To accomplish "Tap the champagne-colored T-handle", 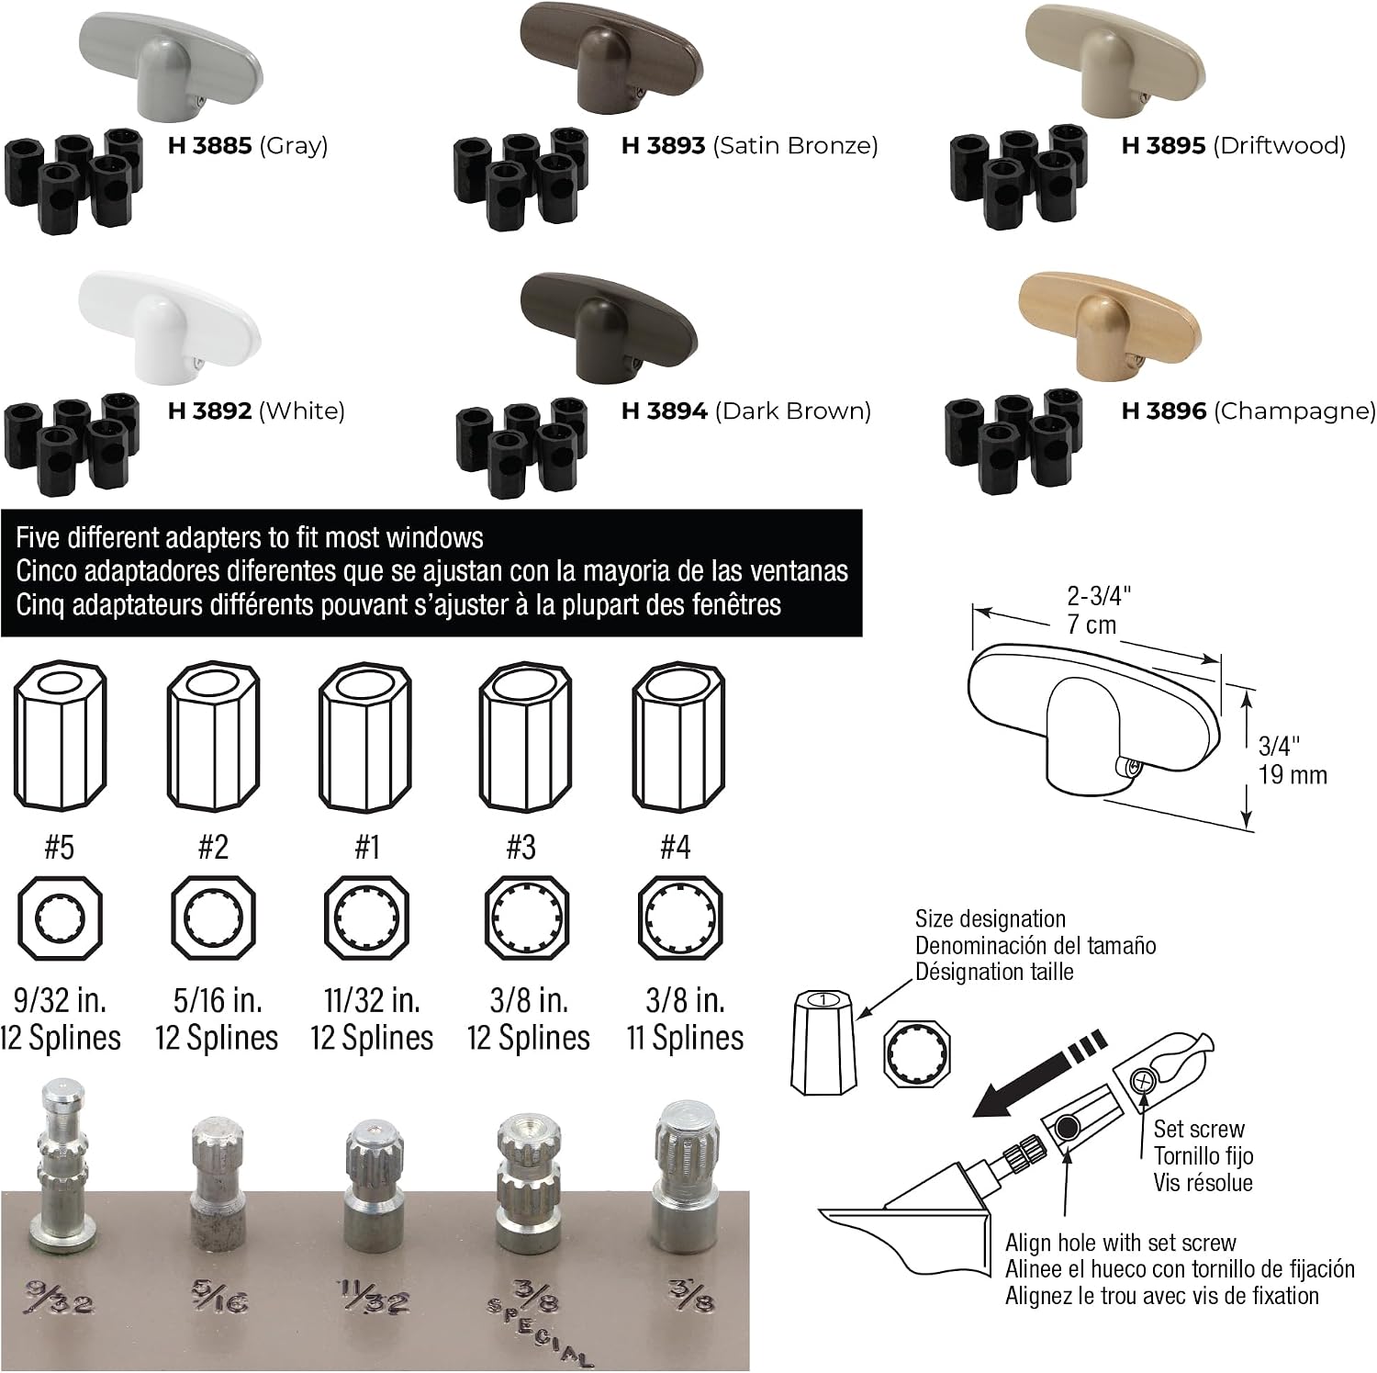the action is (x=1111, y=326).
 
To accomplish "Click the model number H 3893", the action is (x=663, y=145).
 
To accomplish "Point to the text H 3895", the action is (x=1163, y=145).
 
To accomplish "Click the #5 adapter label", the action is (x=60, y=846).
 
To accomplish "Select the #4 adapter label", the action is (x=676, y=846).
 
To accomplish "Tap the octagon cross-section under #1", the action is (x=368, y=918).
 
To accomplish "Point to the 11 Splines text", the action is (x=685, y=1038).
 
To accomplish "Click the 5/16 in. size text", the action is (x=218, y=999).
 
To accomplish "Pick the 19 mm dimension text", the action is (x=1293, y=775).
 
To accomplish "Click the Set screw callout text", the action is (x=1199, y=1129).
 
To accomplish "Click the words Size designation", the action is (x=991, y=918).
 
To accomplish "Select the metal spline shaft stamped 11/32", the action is (x=373, y=1180).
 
